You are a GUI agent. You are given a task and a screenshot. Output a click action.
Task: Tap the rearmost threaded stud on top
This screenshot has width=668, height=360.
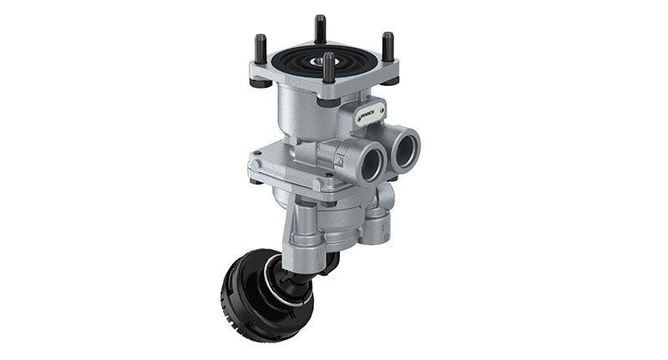[x=320, y=28]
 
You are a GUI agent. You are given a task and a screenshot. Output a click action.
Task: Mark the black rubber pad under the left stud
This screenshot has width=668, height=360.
[x=261, y=83]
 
